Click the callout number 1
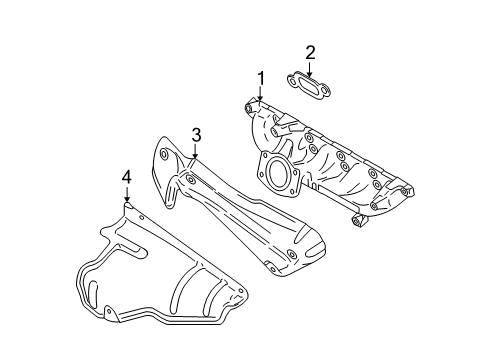(260, 78)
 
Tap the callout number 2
(311, 52)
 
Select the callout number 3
(197, 134)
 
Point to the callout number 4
(126, 178)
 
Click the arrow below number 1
(260, 95)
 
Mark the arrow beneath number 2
(311, 68)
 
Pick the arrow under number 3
(197, 152)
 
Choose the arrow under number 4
(126, 197)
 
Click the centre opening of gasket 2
(311, 83)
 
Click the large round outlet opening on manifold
(279, 173)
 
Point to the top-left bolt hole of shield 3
(162, 153)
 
